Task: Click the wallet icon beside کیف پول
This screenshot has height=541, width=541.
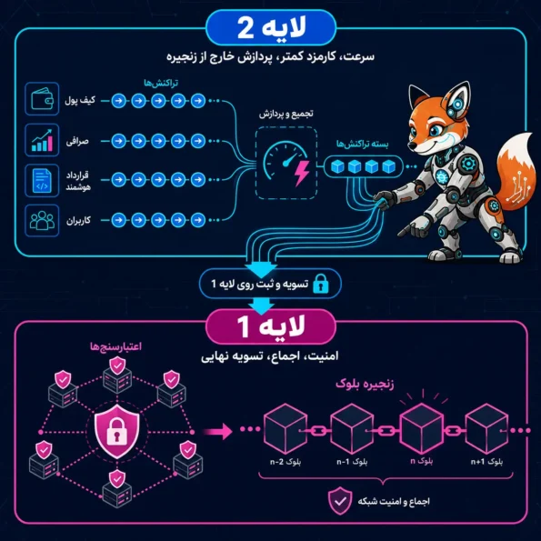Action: [42, 99]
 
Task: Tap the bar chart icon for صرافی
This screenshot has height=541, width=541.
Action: [42, 140]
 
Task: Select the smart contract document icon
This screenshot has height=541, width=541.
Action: [42, 180]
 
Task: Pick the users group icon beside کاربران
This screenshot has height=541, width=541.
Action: [42, 220]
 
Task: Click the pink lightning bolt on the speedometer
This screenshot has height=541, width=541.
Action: [302, 173]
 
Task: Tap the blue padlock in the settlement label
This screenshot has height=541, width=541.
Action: [321, 284]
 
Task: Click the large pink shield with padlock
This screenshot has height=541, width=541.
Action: [117, 431]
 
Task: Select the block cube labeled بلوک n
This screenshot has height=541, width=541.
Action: [421, 428]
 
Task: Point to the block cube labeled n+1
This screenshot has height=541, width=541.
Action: [486, 428]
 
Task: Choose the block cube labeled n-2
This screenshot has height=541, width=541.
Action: [285, 428]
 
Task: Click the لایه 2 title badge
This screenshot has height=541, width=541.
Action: [271, 27]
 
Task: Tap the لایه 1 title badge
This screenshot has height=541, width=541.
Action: [271, 326]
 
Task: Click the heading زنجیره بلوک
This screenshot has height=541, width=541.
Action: [365, 384]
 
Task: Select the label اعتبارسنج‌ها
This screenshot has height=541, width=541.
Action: [116, 346]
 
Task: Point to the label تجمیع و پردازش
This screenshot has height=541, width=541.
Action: [286, 114]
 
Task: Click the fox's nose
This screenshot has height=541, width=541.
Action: [412, 146]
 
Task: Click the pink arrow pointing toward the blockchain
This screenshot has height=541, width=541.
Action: [217, 432]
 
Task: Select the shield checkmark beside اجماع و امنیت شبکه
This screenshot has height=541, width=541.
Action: [340, 501]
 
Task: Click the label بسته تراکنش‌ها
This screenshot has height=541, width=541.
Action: [362, 145]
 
